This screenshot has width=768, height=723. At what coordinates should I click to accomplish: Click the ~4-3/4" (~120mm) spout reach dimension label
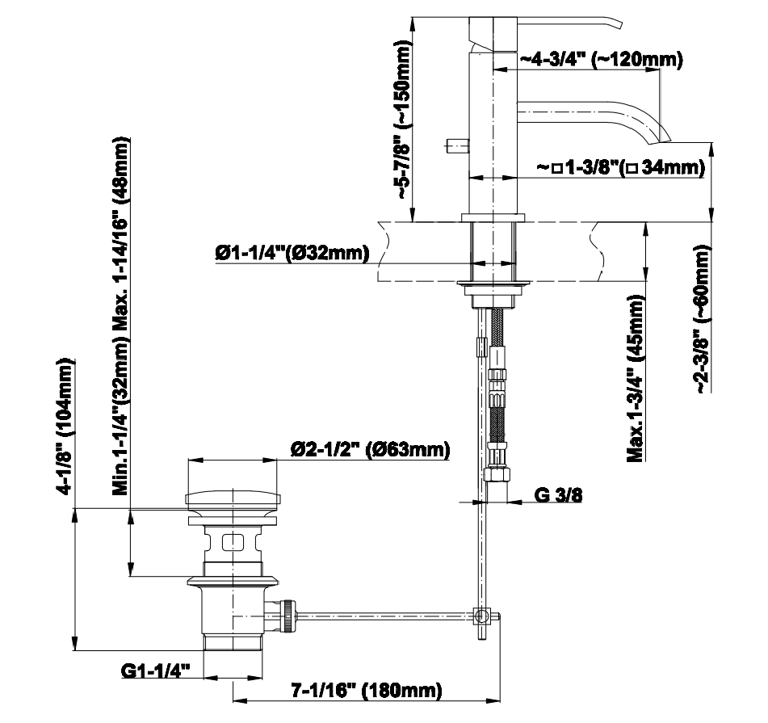pos(601,60)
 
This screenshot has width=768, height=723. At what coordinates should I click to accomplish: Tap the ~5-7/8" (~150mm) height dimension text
pos(404,120)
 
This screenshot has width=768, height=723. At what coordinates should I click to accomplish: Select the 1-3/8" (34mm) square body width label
pos(621,168)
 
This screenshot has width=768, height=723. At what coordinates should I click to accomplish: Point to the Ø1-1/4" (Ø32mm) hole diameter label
pos(292,253)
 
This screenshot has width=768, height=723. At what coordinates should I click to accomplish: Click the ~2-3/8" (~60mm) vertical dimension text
pos(703,318)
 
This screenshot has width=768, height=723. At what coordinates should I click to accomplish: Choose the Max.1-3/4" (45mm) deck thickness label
pos(636,378)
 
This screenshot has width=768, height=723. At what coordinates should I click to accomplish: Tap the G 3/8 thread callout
pos(558,495)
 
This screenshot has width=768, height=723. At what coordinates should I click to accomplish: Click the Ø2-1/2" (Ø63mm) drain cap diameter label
pos(370,449)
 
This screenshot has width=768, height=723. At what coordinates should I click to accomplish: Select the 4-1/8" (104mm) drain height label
pos(66,427)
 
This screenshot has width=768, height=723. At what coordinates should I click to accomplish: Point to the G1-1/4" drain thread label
pos(155,670)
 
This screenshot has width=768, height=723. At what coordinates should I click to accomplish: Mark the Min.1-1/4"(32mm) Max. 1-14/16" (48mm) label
pos(121,316)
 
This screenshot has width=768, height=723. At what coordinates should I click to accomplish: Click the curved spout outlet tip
pos(659,139)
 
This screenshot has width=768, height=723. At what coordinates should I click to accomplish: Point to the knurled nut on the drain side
pos(289,616)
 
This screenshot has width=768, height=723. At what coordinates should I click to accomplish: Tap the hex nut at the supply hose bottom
pos(497,475)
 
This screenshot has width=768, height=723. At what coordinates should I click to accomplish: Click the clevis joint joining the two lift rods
pos(481,616)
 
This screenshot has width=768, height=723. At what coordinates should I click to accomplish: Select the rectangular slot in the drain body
pos(233,542)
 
